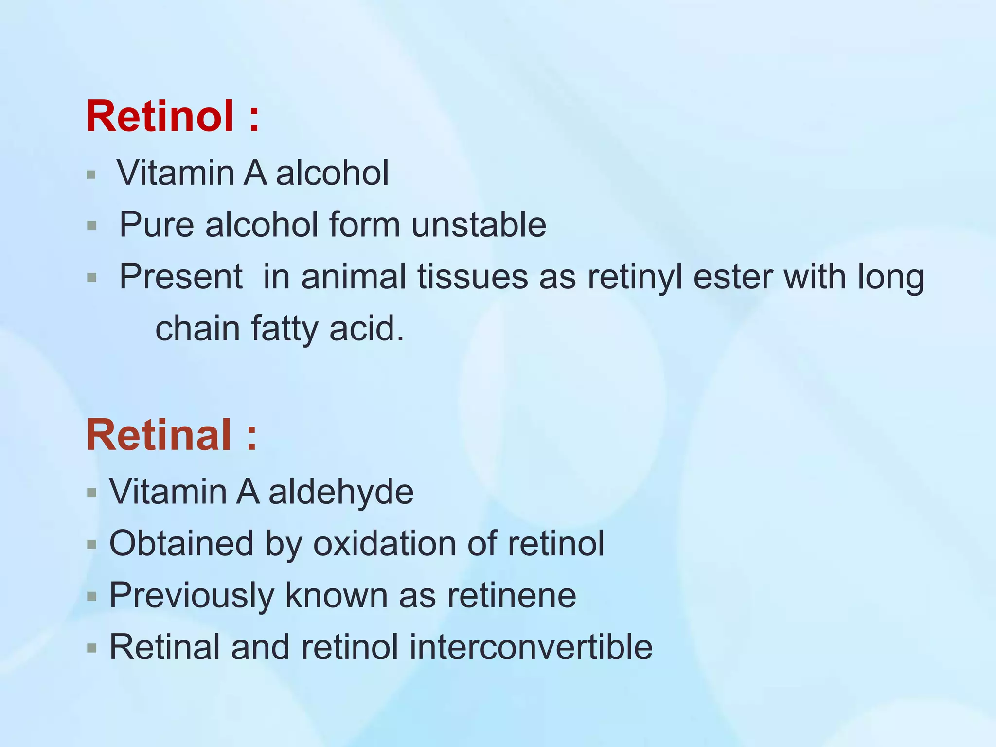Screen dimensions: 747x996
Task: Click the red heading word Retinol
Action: tap(160, 116)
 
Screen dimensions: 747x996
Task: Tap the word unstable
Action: tap(479, 225)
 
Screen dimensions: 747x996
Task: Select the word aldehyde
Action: tap(341, 492)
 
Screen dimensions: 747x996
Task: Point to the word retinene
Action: tap(512, 595)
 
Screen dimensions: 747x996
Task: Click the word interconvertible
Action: tap(531, 647)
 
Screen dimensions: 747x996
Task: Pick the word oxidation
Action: tap(384, 543)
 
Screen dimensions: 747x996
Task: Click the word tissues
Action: tap(472, 277)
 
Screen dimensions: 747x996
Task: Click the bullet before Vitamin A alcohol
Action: tap(91, 175)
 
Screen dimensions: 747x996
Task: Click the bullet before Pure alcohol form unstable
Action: tap(91, 226)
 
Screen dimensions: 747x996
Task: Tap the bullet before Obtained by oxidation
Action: tap(91, 545)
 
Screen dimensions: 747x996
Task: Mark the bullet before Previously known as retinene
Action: tap(91, 597)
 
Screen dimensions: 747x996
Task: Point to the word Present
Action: tap(181, 277)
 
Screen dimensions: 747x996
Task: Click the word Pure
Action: tap(157, 225)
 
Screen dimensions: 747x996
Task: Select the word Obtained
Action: tap(181, 543)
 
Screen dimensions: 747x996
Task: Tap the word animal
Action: tap(354, 277)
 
